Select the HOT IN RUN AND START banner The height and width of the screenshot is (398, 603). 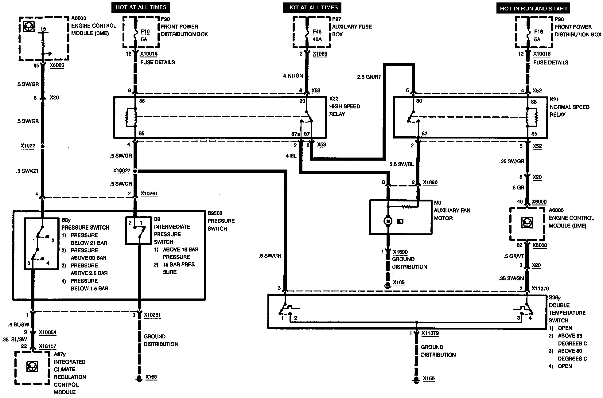(533, 9)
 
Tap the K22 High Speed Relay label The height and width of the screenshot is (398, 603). (344, 106)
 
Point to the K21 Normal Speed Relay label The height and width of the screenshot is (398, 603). (569, 107)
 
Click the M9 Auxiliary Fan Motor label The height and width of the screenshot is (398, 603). (452, 210)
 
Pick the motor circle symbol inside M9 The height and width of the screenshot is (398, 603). (388, 221)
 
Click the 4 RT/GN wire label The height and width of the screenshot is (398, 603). (293, 76)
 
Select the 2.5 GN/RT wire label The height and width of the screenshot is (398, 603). (369, 77)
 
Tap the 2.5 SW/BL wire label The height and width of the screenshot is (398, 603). (402, 164)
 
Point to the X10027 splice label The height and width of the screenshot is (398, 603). (122, 171)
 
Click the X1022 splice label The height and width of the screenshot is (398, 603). (28, 146)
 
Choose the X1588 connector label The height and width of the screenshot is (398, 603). (320, 54)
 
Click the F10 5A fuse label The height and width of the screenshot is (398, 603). (145, 35)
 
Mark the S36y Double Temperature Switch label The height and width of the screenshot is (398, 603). (567, 309)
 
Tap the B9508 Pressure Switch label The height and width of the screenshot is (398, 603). (221, 221)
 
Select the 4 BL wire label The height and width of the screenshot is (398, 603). (291, 156)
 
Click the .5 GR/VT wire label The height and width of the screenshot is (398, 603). (514, 256)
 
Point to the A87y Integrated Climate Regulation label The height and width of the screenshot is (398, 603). (69, 373)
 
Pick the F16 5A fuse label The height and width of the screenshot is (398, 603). (538, 35)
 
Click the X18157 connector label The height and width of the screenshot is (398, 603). (47, 346)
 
